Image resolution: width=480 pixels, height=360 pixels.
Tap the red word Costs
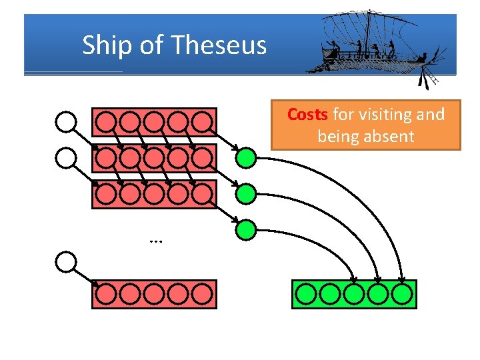(307, 115)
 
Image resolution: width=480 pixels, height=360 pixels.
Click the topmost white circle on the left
(66, 121)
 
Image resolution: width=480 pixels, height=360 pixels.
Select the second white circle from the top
(66, 157)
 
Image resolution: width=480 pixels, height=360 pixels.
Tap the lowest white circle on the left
(66, 262)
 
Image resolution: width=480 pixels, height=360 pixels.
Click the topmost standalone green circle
(247, 158)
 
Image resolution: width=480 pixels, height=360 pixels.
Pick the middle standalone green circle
(247, 194)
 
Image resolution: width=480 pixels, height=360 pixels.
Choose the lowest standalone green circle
(247, 230)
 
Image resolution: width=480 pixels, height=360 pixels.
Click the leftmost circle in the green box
(306, 294)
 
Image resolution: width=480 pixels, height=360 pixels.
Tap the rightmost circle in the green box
(402, 294)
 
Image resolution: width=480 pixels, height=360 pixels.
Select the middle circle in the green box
(354, 294)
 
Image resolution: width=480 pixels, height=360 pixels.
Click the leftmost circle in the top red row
(105, 121)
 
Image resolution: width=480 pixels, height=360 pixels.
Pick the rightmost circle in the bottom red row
(202, 294)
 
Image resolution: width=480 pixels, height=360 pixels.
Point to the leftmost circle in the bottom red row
(105, 294)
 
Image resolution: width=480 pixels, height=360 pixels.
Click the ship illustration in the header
(370, 43)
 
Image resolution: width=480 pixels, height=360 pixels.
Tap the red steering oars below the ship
(424, 80)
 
